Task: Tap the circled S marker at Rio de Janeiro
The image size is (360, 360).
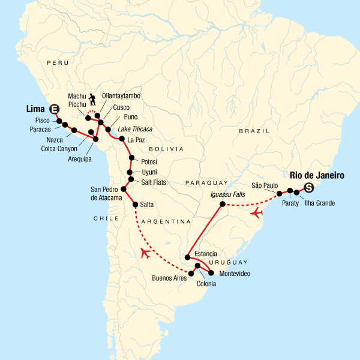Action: pyautogui.click(x=309, y=187)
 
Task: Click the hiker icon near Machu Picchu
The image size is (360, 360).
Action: pyautogui.click(x=92, y=99)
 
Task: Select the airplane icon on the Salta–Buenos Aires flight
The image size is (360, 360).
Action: pyautogui.click(x=145, y=253)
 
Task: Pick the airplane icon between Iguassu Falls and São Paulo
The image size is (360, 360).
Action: pyautogui.click(x=257, y=213)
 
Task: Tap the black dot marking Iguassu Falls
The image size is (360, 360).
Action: pyautogui.click(x=221, y=205)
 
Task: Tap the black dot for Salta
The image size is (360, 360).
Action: pyautogui.click(x=136, y=205)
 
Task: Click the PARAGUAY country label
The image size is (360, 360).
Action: pyautogui.click(x=208, y=182)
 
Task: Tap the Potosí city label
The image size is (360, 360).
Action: pyautogui.click(x=149, y=162)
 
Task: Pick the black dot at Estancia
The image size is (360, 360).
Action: pyautogui.click(x=188, y=257)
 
